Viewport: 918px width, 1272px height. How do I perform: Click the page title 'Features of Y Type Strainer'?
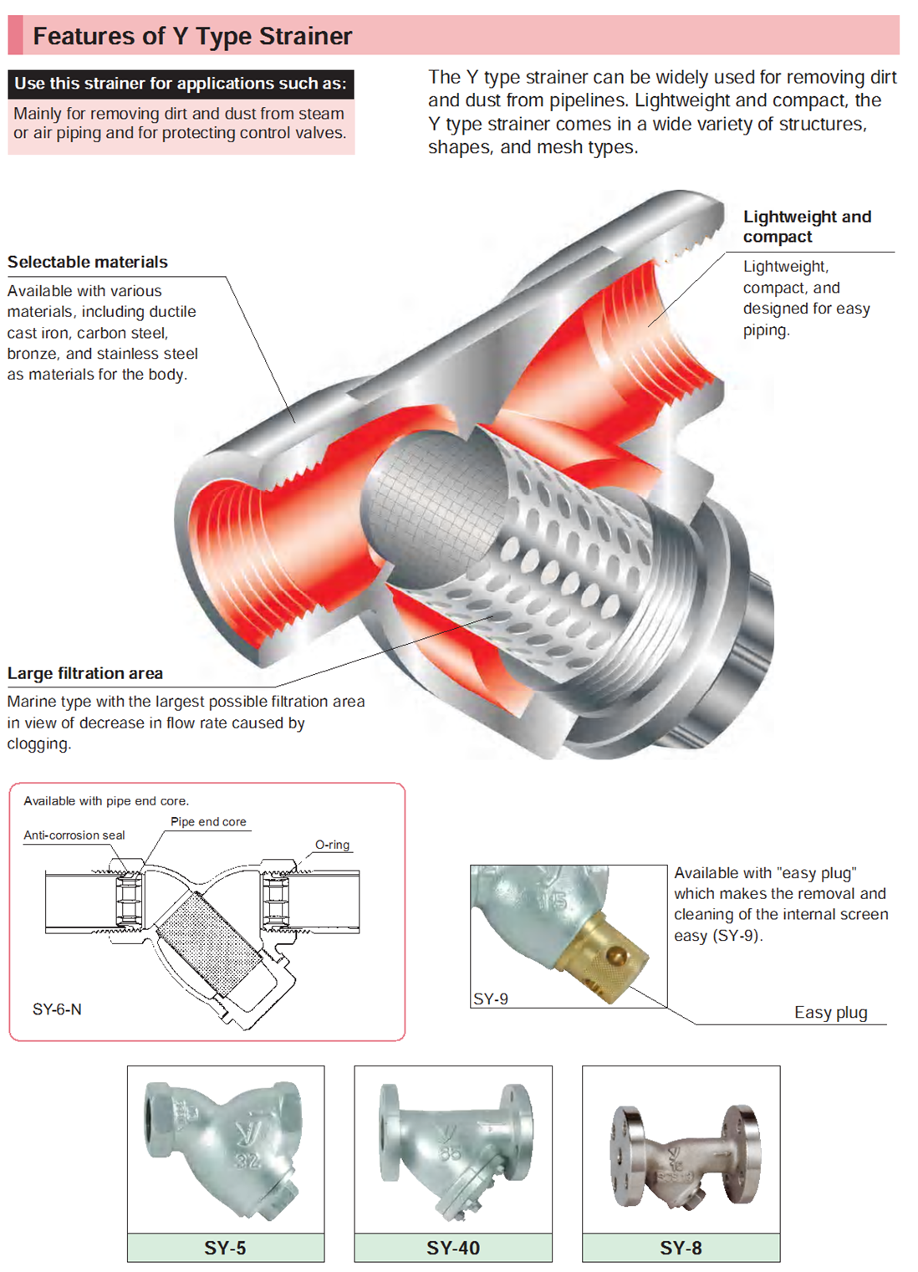click(x=192, y=36)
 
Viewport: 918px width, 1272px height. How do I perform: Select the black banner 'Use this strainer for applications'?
click(x=181, y=84)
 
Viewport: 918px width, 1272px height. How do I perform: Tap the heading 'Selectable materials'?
click(x=88, y=262)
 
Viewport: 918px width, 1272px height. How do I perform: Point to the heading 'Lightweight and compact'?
click(x=806, y=227)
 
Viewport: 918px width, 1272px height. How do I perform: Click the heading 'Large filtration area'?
click(x=85, y=673)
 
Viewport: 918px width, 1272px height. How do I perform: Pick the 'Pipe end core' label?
click(x=208, y=822)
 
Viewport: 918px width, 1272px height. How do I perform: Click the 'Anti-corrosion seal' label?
click(x=74, y=835)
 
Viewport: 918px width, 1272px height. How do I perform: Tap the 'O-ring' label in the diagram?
click(x=332, y=845)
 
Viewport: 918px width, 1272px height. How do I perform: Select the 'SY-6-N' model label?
click(x=57, y=1009)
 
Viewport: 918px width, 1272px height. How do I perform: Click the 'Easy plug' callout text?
click(x=830, y=1013)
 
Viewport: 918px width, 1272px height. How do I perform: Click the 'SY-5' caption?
click(x=225, y=1248)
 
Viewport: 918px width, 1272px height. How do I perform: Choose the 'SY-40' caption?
click(x=453, y=1248)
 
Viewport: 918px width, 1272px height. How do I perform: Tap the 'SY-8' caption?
click(x=681, y=1248)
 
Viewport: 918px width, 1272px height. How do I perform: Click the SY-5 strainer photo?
click(x=225, y=1148)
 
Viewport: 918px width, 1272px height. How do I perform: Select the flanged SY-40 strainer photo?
click(x=453, y=1148)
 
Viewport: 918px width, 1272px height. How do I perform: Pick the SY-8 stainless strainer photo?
click(x=681, y=1154)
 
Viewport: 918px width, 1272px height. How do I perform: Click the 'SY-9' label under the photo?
click(x=491, y=999)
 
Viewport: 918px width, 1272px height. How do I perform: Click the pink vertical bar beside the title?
click(x=15, y=36)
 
